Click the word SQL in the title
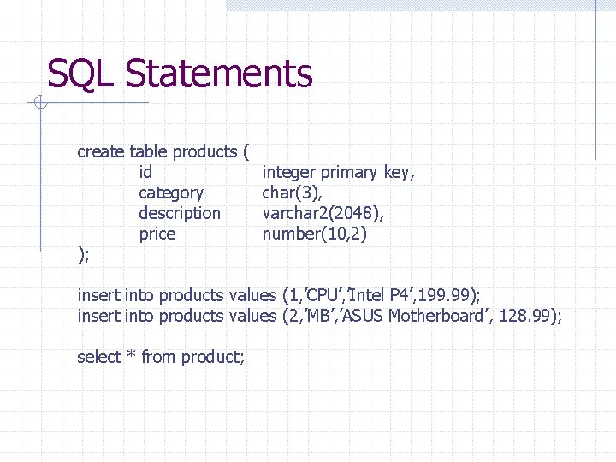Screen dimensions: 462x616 click(82, 74)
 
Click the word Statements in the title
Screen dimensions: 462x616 click(219, 74)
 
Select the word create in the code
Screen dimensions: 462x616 click(101, 151)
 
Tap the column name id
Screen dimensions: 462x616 click(145, 172)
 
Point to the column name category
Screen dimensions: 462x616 click(171, 193)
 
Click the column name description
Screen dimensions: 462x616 click(180, 213)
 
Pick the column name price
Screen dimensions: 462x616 click(157, 234)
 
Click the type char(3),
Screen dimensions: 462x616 click(292, 193)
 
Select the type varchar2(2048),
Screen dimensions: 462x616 click(323, 213)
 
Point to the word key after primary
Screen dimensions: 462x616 click(399, 173)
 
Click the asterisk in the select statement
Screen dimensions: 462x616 click(131, 355)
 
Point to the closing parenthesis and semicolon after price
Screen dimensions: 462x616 click(84, 254)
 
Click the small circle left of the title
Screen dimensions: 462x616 click(38, 104)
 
